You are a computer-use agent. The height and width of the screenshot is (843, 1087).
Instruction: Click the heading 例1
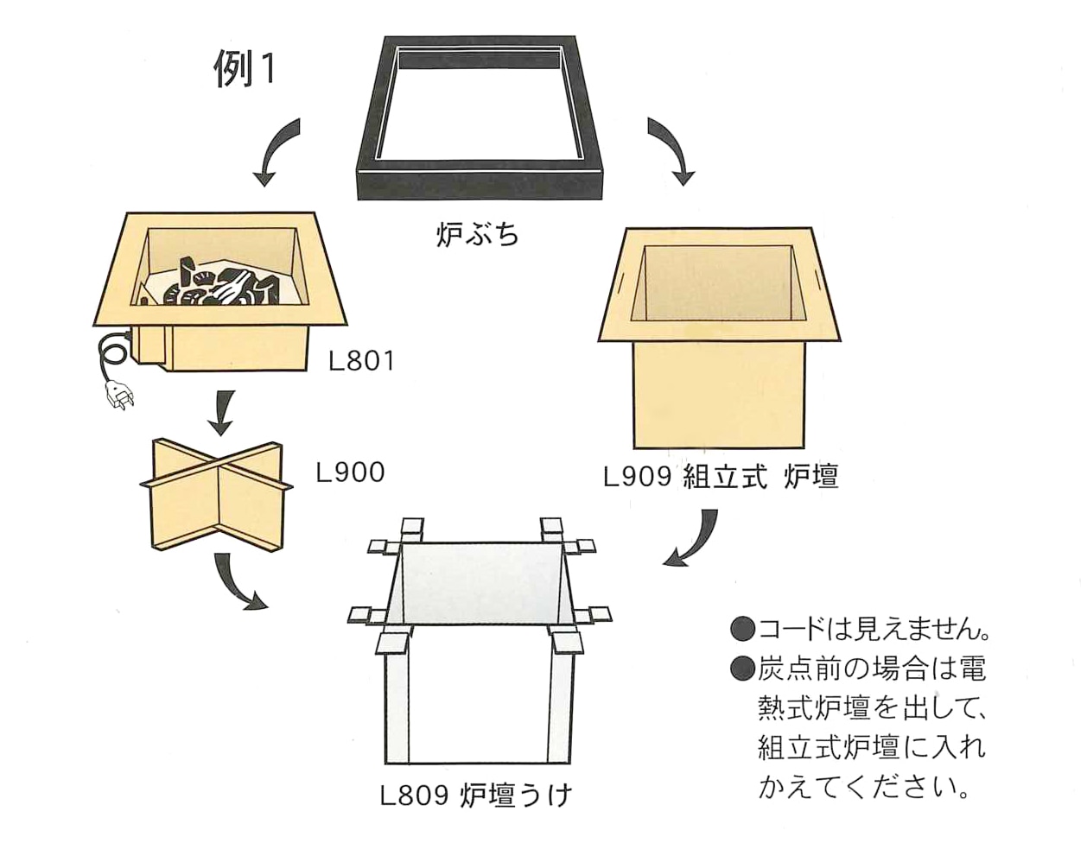point(245,69)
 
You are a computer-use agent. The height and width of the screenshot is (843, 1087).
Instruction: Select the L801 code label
point(361,360)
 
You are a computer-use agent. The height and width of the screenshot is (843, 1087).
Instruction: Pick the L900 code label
point(350,472)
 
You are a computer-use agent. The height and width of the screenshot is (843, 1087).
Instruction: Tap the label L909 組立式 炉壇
point(721,476)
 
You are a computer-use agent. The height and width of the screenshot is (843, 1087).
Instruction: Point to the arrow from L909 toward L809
point(696,540)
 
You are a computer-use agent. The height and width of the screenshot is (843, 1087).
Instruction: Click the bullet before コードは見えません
point(742,628)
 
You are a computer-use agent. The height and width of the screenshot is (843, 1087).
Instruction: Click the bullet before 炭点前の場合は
point(742,667)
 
